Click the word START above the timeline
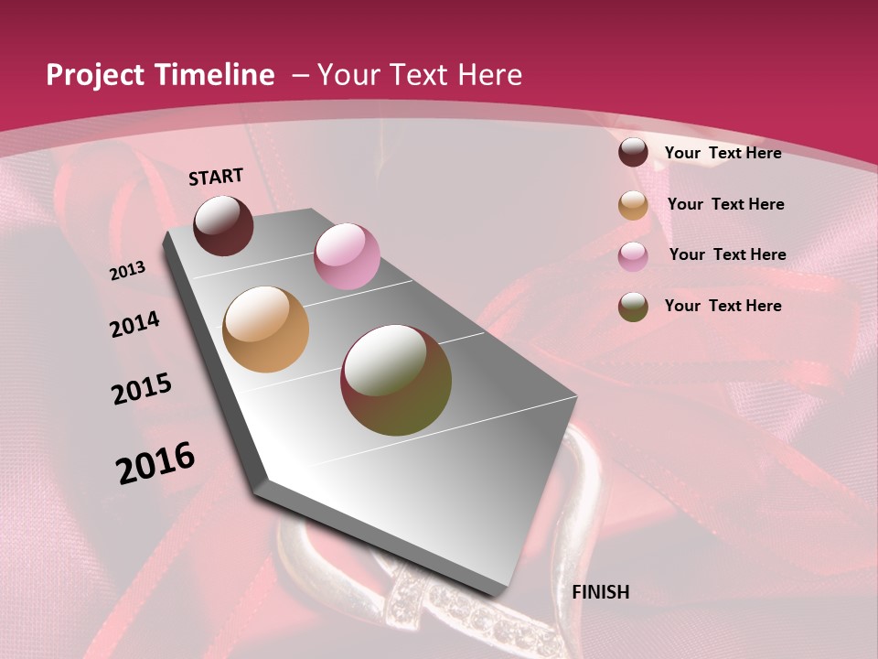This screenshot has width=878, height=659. (x=216, y=177)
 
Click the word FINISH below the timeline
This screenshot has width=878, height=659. (x=600, y=592)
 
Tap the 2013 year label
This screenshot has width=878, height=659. (x=128, y=271)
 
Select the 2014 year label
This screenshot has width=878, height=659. (x=134, y=325)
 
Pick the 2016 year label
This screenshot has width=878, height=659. (x=155, y=463)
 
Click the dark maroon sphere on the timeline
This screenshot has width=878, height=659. (x=223, y=225)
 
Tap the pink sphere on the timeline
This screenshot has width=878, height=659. (x=347, y=256)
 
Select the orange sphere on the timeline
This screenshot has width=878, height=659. (x=265, y=329)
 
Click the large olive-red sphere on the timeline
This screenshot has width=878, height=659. (x=396, y=380)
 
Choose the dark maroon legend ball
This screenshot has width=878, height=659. (x=633, y=153)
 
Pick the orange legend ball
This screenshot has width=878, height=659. (x=633, y=205)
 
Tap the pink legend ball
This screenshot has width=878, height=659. (x=633, y=255)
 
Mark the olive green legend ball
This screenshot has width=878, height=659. (x=633, y=307)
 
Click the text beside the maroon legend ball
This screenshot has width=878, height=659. (x=723, y=153)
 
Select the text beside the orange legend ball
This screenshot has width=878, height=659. (x=725, y=204)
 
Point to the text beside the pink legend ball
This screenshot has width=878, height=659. (x=727, y=254)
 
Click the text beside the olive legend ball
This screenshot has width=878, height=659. (x=723, y=306)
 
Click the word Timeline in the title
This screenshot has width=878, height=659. (x=216, y=75)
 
